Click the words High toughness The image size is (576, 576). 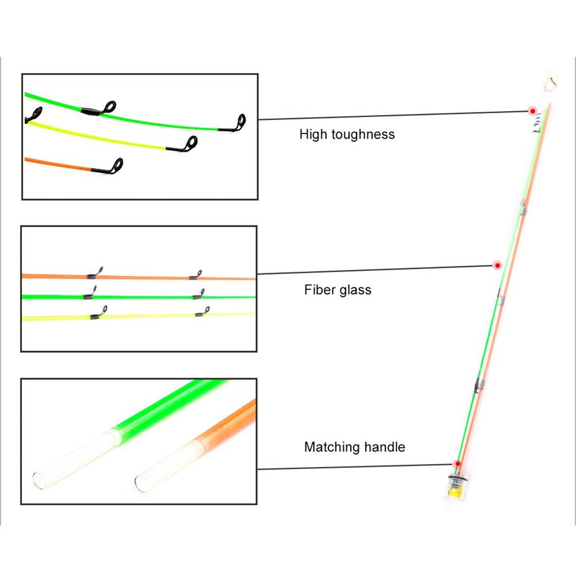tap(347, 135)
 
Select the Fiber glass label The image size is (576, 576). tap(338, 290)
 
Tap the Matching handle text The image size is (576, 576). tap(354, 447)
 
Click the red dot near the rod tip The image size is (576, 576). tap(532, 110)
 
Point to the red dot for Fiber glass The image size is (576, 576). tap(497, 265)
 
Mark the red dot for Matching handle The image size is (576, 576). tap(457, 464)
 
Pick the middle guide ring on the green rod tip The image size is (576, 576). tap(109, 107)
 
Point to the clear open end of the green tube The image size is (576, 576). tap(39, 481)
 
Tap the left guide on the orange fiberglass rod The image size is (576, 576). tap(95, 273)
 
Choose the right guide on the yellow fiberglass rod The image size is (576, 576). tap(203, 311)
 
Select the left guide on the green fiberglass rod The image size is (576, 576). tap(90, 292)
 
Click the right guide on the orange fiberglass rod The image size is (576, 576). tap(196, 275)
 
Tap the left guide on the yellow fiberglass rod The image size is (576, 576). tap(99, 312)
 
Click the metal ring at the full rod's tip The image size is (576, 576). tap(550, 83)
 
